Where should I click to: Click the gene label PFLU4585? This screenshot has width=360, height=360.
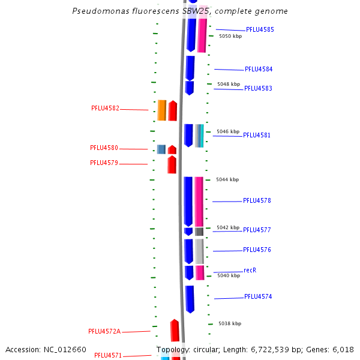(x=260, y=29)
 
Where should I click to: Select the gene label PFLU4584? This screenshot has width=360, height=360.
(x=259, y=69)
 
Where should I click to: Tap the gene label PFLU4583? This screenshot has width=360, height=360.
(x=258, y=88)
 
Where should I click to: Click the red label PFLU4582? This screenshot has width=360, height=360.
(x=105, y=109)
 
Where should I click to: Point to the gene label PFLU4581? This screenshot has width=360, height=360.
(x=257, y=135)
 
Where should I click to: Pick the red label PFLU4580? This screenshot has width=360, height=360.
(x=104, y=148)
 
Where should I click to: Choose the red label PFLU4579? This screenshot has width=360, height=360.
(x=104, y=163)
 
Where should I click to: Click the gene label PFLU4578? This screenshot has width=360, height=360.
(x=257, y=200)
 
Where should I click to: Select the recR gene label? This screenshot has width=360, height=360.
(x=250, y=270)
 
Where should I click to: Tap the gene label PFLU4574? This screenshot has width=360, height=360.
(x=258, y=296)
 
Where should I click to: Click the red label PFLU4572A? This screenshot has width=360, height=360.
(x=104, y=331)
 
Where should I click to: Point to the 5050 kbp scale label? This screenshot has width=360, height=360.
(x=230, y=36)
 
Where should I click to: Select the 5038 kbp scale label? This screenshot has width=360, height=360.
(x=230, y=323)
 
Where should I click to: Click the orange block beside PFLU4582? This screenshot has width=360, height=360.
(x=162, y=110)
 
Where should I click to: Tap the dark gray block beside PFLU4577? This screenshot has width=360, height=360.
(x=199, y=231)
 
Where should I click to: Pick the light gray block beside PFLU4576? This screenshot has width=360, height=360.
(x=199, y=251)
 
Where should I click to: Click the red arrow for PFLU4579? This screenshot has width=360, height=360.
(x=172, y=164)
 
